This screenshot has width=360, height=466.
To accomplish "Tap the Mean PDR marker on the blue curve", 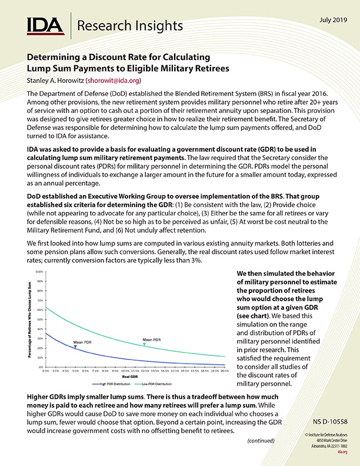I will pyautogui.click(x=75, y=348).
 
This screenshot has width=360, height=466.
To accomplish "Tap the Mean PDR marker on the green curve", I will pyautogui.click(x=145, y=344).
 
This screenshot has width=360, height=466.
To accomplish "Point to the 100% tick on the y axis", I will pyautogui.click(x=39, y=272).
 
